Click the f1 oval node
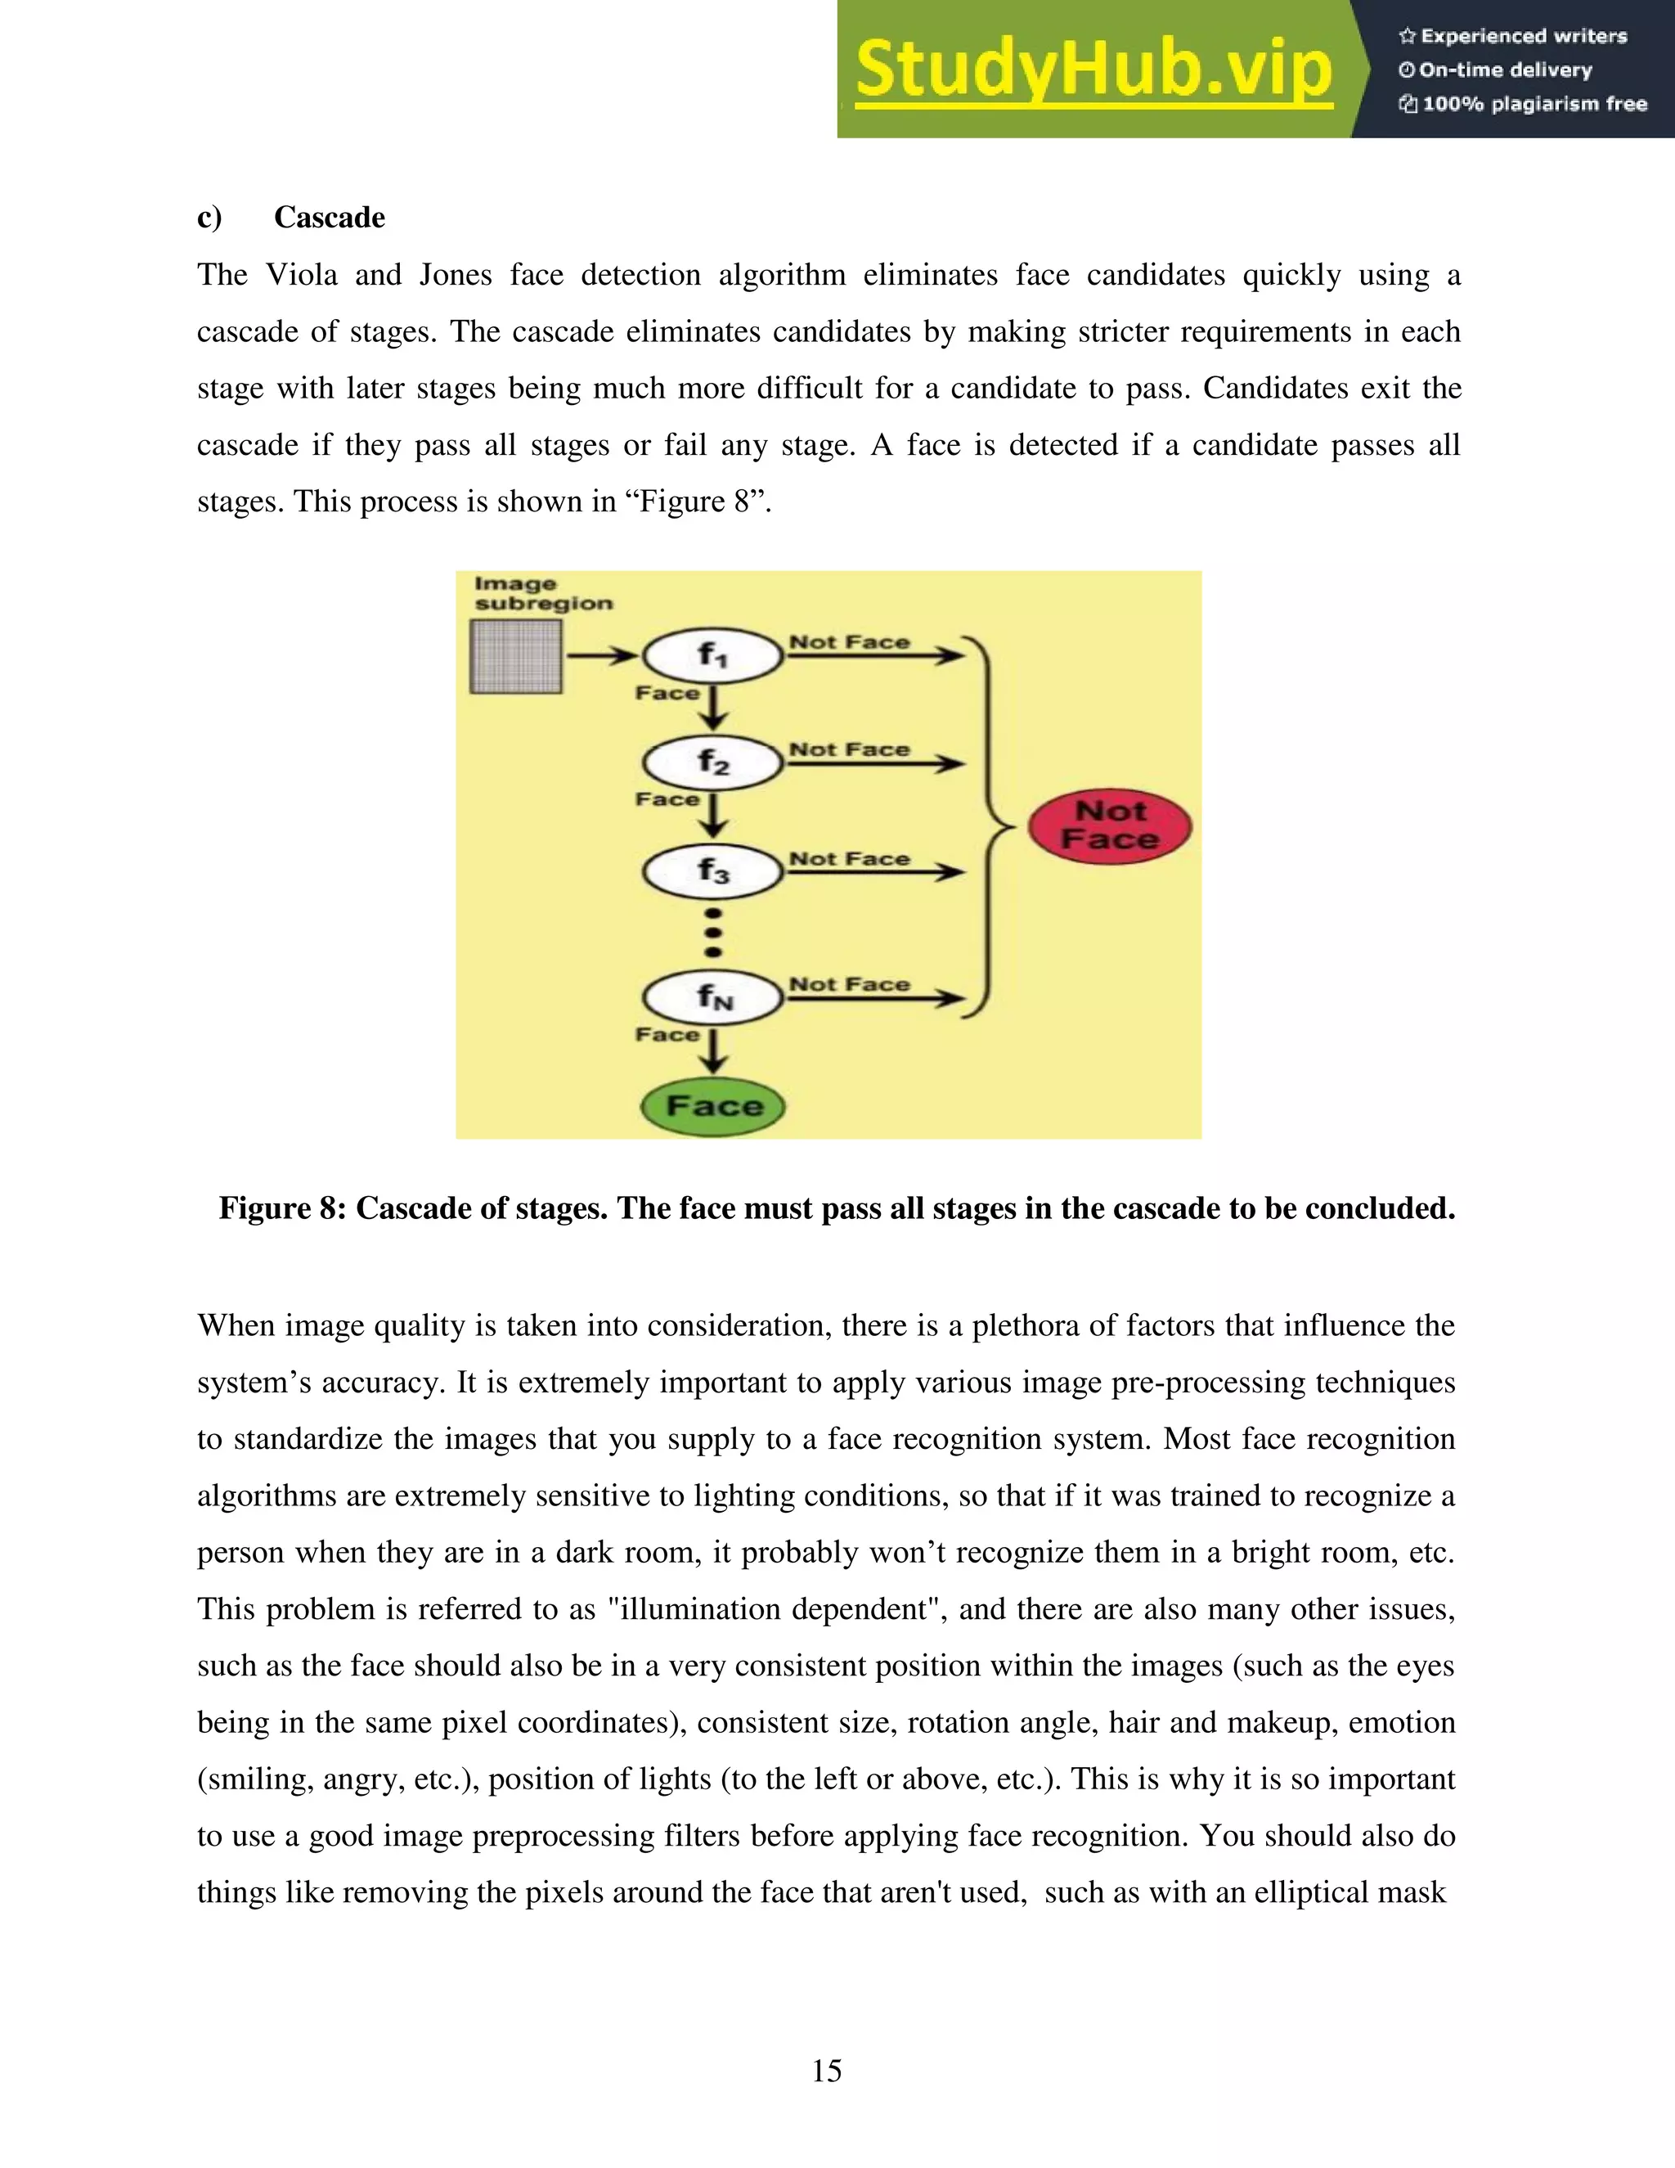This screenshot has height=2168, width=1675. point(712,655)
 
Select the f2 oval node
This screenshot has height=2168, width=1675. point(712,762)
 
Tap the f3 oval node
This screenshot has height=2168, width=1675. point(712,871)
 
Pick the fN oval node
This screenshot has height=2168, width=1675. point(712,996)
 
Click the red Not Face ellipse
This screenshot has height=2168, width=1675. point(1109,826)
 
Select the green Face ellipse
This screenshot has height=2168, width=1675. point(712,1107)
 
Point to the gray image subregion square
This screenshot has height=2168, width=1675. point(516,656)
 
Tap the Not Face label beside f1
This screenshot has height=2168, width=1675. point(850,642)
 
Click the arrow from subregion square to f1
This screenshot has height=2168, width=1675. point(602,655)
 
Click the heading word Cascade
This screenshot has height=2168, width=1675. point(330,218)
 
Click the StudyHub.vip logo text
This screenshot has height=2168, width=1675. point(1093,70)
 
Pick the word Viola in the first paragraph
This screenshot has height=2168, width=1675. point(302,275)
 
